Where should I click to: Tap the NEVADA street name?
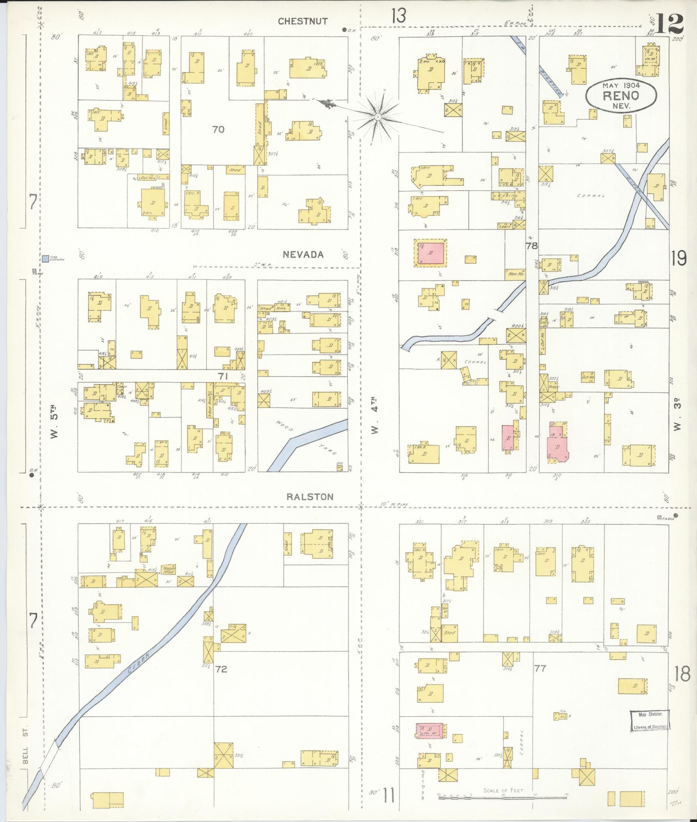tap(303, 255)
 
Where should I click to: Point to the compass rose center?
tap(378, 117)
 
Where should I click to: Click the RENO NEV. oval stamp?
tap(621, 95)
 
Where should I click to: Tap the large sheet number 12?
tap(668, 24)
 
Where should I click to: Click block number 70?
tap(218, 129)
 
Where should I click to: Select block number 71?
tap(222, 376)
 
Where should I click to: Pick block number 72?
tap(221, 669)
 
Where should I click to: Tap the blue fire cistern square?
tap(45, 258)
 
